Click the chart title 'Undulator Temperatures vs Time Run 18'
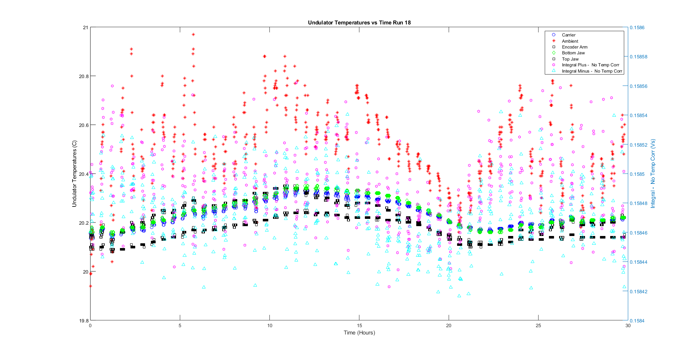pyautogui.click(x=359, y=23)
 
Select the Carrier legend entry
pyautogui.click(x=568, y=35)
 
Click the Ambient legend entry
pyautogui.click(x=570, y=41)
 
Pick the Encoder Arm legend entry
pyautogui.click(x=574, y=47)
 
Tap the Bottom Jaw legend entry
pyautogui.click(x=573, y=53)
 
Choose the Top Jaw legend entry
pyautogui.click(x=570, y=59)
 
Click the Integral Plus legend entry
pyautogui.click(x=590, y=65)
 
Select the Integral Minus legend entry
pyautogui.click(x=592, y=71)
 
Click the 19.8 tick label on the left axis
pyautogui.click(x=84, y=321)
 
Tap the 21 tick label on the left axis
pyautogui.click(x=86, y=27)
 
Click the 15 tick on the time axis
pyautogui.click(x=359, y=326)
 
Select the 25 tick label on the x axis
pyautogui.click(x=538, y=326)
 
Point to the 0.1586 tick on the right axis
pyautogui.click(x=637, y=27)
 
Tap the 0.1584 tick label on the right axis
pyautogui.click(x=637, y=321)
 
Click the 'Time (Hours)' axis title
pyautogui.click(x=359, y=333)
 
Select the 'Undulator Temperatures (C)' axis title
pyautogui.click(x=74, y=174)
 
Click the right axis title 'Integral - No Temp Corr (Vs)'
pyautogui.click(x=653, y=174)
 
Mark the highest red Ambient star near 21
pyautogui.click(x=193, y=35)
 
